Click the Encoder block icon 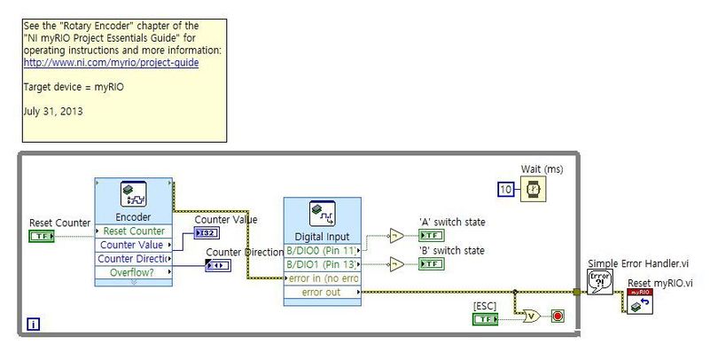coord(133,195)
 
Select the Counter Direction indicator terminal coord(218,265)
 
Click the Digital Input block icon coord(322,214)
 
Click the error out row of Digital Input coord(322,292)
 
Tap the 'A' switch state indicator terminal coord(431,235)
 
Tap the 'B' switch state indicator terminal coord(431,264)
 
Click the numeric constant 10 coord(504,188)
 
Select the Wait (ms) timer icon coord(533,188)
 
